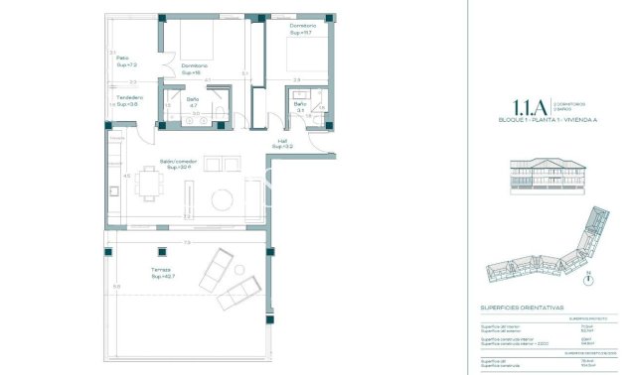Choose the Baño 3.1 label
tap(299, 106)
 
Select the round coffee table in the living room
tap(222, 201)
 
